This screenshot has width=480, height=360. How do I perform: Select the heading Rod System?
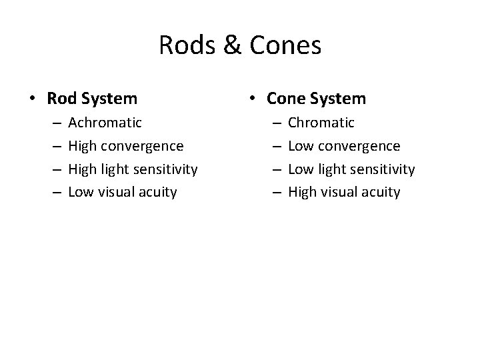point(92,99)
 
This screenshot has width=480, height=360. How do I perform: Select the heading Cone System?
point(316,99)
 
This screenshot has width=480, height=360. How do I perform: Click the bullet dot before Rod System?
point(33,99)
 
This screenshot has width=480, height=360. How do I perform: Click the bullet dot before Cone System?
point(252,99)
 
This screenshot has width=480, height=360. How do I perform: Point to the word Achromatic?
point(105,123)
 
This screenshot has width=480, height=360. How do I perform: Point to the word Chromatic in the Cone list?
point(321,123)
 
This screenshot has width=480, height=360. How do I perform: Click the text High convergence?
point(126,146)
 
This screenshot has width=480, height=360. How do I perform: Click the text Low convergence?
point(344,146)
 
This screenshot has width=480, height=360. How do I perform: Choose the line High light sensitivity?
point(133,169)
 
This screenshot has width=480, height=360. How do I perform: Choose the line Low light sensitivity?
point(351,169)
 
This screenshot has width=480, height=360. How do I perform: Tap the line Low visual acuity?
point(123,193)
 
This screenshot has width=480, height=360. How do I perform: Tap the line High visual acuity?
point(343,193)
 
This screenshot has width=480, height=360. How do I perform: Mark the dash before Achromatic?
point(54,123)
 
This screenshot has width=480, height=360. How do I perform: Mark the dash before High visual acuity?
point(273,193)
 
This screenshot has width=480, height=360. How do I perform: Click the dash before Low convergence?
point(273,147)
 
